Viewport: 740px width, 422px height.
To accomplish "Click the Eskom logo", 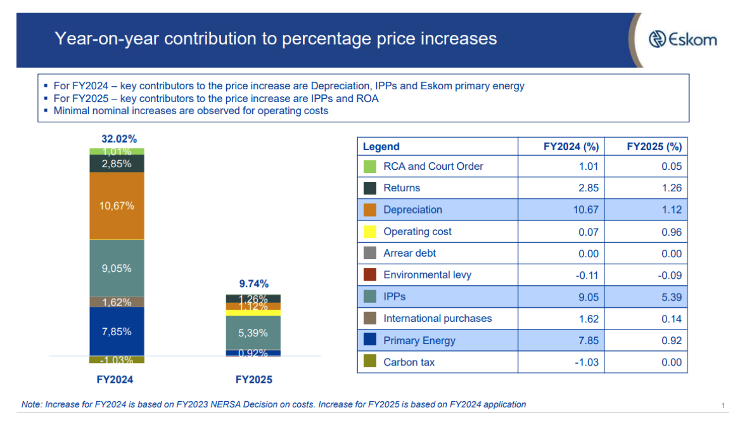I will (x=683, y=39).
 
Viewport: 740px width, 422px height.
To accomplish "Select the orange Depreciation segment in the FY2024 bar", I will (x=117, y=206).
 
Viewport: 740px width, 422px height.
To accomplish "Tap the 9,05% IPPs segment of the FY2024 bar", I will (x=117, y=268).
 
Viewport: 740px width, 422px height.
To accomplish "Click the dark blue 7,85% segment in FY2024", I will (x=117, y=331).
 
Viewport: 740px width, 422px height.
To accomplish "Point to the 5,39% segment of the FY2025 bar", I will (x=253, y=333).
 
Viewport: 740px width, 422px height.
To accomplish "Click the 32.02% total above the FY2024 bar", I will (x=119, y=139).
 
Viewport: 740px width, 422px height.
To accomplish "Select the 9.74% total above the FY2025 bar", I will (x=253, y=284).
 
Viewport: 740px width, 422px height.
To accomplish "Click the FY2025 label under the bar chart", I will (x=253, y=380).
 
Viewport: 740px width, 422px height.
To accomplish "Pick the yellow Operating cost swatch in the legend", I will (x=371, y=232).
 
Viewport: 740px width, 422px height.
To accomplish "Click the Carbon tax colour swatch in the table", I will (x=371, y=362).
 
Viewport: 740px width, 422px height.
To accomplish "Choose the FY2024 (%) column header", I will (x=571, y=146).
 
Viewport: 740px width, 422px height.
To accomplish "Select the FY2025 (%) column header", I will (x=654, y=146).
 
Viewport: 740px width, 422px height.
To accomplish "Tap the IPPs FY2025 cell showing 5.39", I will (x=671, y=297).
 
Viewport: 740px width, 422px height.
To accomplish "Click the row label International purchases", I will (x=437, y=319).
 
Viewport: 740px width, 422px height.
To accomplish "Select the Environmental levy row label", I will (x=427, y=275).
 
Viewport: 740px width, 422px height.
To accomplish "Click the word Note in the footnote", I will (x=32, y=404).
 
